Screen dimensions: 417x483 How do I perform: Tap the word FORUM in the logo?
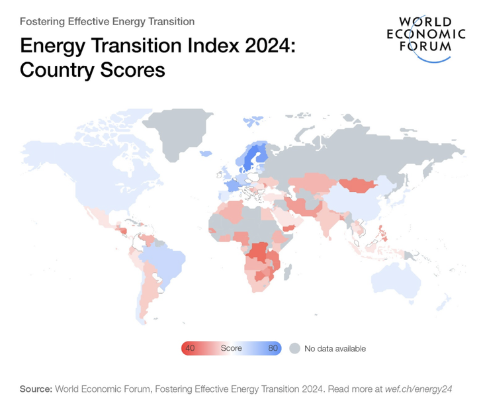(425, 46)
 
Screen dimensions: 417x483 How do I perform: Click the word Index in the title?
(178, 46)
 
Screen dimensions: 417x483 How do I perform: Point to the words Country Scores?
(92, 69)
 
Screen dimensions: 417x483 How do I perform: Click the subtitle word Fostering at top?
(44, 22)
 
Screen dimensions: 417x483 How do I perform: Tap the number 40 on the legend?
(190, 348)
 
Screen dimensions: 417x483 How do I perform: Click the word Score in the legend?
(232, 348)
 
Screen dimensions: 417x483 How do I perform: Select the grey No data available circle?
(294, 348)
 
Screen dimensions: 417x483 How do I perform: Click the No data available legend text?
(335, 348)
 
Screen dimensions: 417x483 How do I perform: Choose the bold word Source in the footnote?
(36, 389)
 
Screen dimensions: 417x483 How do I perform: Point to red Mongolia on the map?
(357, 185)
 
